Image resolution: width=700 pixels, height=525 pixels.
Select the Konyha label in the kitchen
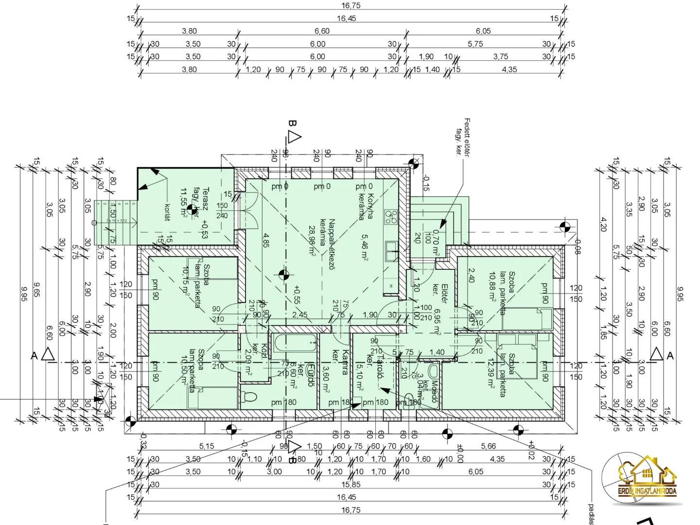click(370, 207)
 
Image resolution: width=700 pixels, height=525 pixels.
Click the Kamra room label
click(345, 362)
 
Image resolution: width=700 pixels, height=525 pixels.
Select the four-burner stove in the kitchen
click(391, 217)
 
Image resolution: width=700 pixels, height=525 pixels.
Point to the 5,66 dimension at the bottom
click(488, 446)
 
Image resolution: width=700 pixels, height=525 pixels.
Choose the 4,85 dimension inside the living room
click(266, 241)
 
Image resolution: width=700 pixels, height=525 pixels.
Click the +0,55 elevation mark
click(297, 295)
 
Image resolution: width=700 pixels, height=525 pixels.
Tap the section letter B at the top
click(292, 123)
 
